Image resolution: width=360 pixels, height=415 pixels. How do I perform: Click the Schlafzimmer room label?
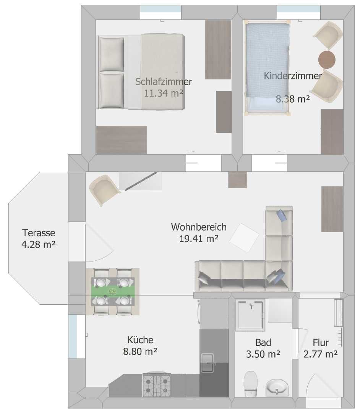click(x=164, y=82)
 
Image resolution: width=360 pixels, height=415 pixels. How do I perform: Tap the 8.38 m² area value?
click(x=293, y=99)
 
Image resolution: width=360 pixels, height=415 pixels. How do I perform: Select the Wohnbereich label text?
click(x=199, y=227)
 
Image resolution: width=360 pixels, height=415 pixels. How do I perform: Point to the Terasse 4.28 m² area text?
click(x=39, y=244)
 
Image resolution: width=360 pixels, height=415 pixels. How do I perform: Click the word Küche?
click(x=140, y=340)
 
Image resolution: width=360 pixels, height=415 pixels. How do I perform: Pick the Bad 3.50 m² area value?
click(x=263, y=354)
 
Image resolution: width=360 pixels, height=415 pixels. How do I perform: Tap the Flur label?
click(x=321, y=342)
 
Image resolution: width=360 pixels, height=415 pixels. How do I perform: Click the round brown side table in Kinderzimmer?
click(x=327, y=60)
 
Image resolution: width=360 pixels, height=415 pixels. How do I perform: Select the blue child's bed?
click(x=267, y=69)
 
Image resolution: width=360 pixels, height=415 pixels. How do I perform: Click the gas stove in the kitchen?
click(x=157, y=384)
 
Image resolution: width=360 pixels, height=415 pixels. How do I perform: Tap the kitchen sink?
click(x=207, y=363)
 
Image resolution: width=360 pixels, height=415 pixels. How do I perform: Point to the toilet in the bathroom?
click(x=250, y=384)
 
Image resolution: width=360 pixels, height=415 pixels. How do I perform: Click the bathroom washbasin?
click(x=277, y=387)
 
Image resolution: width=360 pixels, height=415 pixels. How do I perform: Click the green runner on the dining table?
click(x=113, y=291)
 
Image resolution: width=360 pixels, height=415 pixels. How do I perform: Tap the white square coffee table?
click(x=244, y=237)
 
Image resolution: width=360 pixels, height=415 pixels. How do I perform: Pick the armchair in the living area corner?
click(x=104, y=189)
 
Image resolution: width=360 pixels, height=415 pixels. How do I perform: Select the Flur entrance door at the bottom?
click(x=323, y=386)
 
